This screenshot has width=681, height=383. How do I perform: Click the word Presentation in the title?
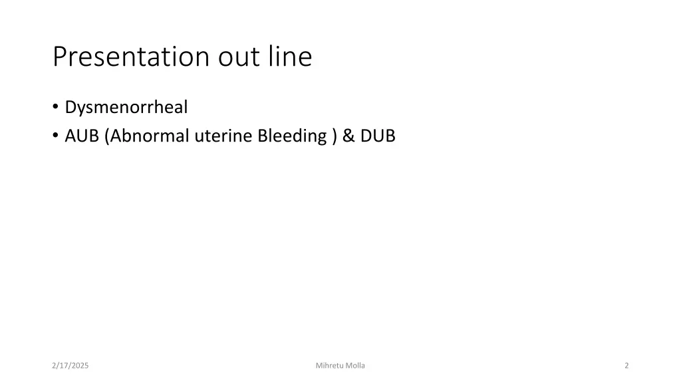click(x=132, y=57)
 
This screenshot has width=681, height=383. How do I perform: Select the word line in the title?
click(x=290, y=57)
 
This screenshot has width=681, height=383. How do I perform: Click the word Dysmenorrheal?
click(x=126, y=107)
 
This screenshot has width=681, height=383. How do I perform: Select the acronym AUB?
click(x=82, y=136)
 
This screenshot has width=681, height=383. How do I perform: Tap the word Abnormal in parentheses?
click(x=150, y=136)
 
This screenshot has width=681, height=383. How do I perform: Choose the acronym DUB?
click(x=378, y=136)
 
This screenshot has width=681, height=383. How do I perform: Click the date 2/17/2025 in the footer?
click(x=70, y=366)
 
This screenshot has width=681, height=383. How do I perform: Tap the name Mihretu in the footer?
click(x=329, y=366)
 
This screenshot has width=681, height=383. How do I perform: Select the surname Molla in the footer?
click(x=355, y=366)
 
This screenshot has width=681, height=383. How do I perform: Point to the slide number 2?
click(x=626, y=366)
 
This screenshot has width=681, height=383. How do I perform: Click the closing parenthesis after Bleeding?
click(x=333, y=136)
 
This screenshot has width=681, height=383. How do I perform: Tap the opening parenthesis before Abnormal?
click(x=107, y=136)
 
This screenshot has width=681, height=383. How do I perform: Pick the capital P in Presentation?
click(x=60, y=57)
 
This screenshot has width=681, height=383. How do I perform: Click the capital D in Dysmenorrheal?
click(x=70, y=107)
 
